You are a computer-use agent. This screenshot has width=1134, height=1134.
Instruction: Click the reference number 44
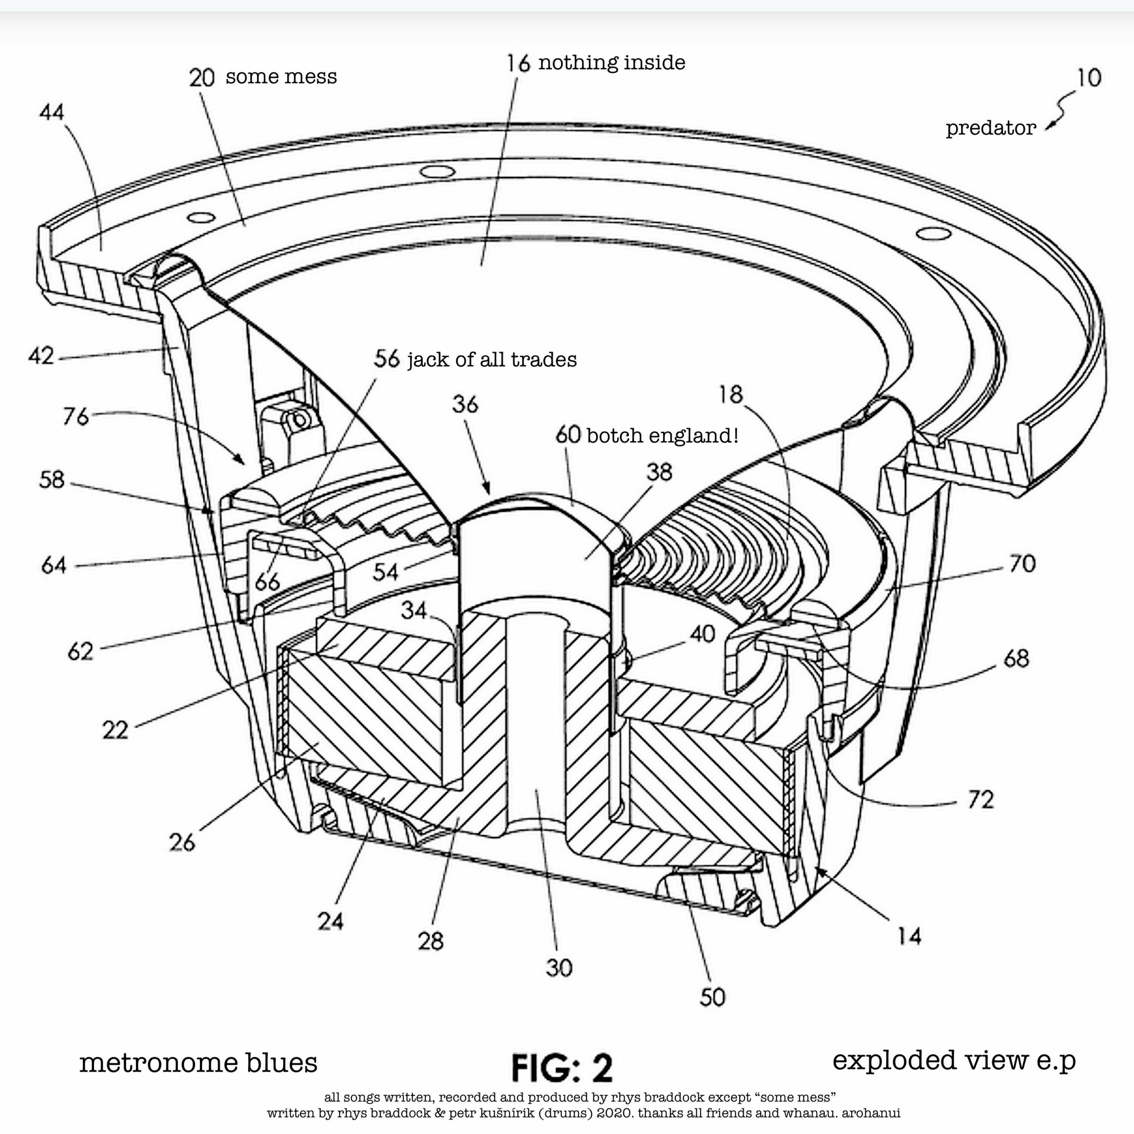click(52, 112)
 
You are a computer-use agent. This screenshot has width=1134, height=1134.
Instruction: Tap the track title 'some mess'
click(281, 77)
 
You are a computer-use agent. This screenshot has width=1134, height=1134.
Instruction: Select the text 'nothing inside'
click(612, 63)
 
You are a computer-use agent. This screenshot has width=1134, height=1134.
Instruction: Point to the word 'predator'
click(991, 128)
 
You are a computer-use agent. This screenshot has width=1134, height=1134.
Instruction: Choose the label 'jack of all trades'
click(492, 360)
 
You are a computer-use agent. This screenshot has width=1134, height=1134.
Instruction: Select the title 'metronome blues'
click(198, 1063)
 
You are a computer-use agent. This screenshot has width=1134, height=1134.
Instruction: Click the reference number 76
click(76, 417)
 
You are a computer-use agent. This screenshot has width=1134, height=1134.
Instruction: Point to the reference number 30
click(559, 968)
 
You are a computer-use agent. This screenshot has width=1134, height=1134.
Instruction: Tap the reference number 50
click(713, 997)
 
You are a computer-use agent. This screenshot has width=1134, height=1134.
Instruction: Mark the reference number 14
click(909, 936)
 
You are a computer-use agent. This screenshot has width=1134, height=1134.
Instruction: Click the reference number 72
click(980, 799)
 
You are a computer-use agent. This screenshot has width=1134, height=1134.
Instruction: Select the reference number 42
click(41, 356)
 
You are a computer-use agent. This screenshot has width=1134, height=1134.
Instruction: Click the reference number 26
click(181, 843)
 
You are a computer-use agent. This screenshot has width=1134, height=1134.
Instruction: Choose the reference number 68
click(1016, 658)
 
